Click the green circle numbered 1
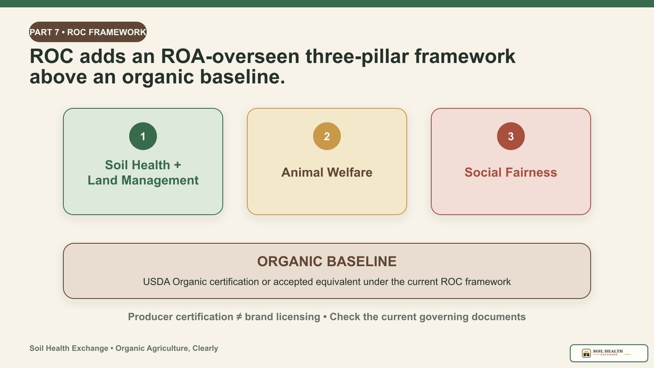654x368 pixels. click(x=143, y=136)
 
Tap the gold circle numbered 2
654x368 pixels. click(x=327, y=136)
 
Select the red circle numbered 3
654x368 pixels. click(x=511, y=136)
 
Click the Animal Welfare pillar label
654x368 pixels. click(x=327, y=172)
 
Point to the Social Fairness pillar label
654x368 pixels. click(x=511, y=172)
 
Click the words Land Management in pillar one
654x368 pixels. click(x=143, y=180)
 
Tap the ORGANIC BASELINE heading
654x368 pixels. click(x=327, y=261)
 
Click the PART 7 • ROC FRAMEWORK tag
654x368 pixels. click(x=88, y=32)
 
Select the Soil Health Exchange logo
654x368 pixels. click(x=609, y=353)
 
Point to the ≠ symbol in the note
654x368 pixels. click(x=239, y=317)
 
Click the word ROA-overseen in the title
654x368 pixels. click(x=230, y=56)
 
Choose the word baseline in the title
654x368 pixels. click(x=242, y=77)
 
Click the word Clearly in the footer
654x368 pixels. click(x=205, y=349)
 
